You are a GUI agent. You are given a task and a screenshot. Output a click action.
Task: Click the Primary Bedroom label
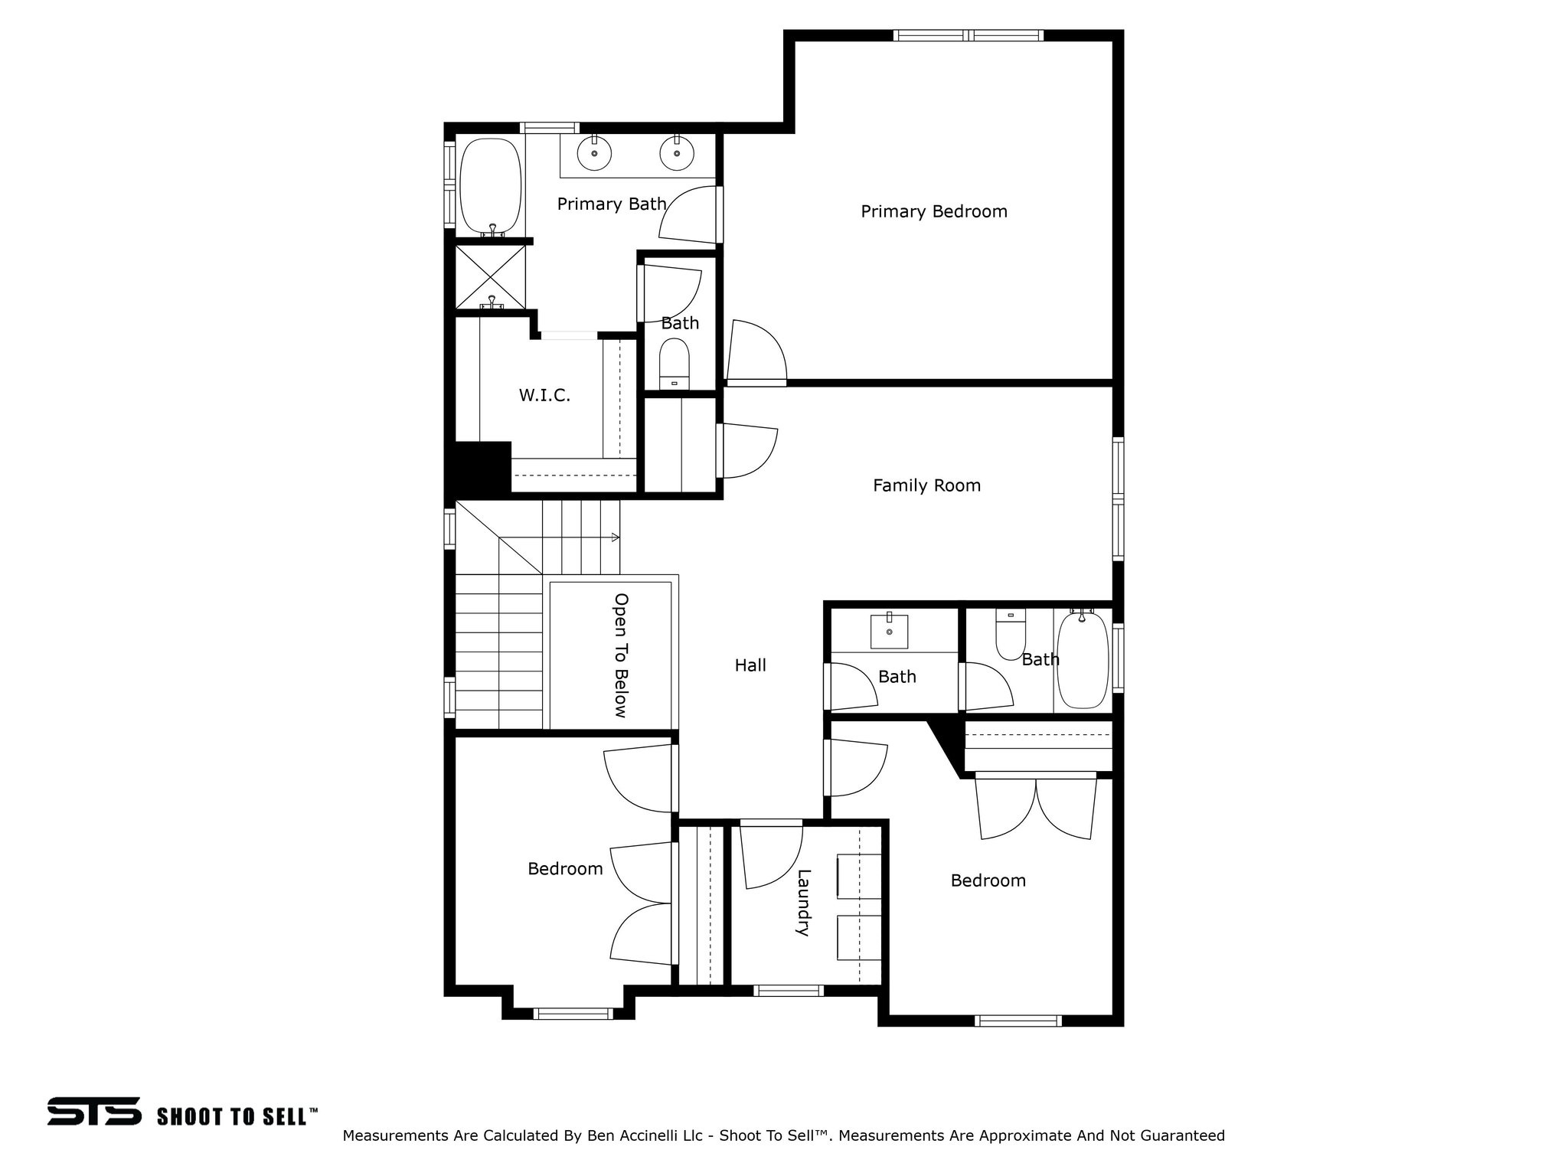point(934,211)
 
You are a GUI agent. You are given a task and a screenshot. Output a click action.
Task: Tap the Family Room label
point(926,485)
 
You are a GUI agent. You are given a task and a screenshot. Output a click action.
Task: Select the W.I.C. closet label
point(544,396)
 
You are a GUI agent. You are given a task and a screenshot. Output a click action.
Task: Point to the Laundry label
point(803,903)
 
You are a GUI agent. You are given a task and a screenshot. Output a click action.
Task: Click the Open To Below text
point(621,655)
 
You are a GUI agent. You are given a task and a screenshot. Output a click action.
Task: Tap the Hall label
point(750,665)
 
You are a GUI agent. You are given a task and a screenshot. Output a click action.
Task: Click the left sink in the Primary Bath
point(594,153)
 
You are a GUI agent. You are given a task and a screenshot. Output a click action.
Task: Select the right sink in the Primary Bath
point(677,153)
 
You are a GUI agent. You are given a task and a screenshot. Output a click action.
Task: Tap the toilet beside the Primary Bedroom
point(675,364)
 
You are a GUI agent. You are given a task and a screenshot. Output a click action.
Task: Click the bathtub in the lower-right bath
point(1083,659)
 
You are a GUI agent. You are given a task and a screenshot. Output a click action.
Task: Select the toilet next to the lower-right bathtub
point(1011,634)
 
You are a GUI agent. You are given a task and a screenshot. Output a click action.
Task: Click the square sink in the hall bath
point(890,631)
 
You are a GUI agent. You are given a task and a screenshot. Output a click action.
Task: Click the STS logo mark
point(94,1111)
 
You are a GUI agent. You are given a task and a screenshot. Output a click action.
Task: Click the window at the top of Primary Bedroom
point(969,35)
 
